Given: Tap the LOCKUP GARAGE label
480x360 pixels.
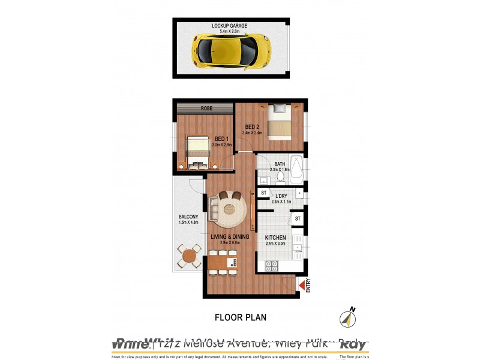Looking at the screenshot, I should pos(229,26).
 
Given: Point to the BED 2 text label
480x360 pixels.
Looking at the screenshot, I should pos(252,127).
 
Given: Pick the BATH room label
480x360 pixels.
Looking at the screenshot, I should pos(280,164).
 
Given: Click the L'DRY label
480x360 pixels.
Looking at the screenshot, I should pos(281,196).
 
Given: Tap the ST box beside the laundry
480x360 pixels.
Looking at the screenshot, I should pos(263,193).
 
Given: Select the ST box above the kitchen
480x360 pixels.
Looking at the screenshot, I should pos(297,219).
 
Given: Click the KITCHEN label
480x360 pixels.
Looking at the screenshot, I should pos(276,238).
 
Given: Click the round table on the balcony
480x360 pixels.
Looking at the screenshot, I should pos(189,256).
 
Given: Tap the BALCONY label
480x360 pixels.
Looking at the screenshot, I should pos(188,217).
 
